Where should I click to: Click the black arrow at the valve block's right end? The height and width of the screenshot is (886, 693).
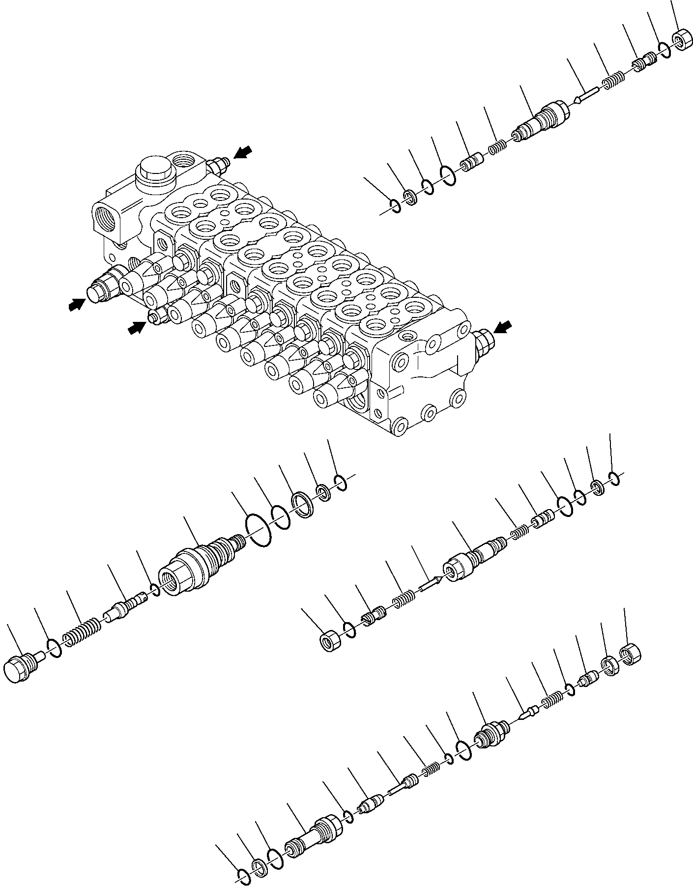click(x=502, y=326)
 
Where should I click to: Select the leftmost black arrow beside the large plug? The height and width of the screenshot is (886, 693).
click(x=75, y=305)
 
